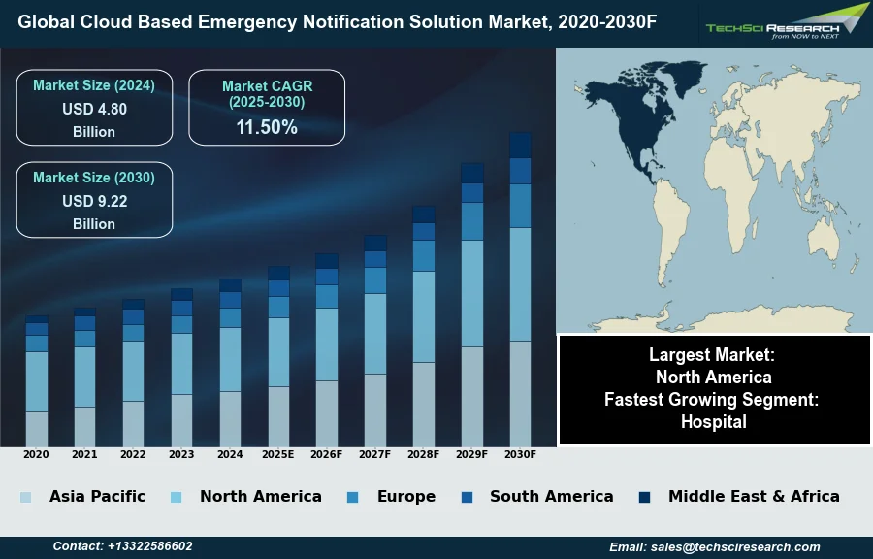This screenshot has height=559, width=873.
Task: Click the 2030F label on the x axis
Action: click(521, 454)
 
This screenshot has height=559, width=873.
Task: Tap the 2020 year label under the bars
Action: click(36, 454)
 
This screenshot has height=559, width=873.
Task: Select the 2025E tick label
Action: click(278, 454)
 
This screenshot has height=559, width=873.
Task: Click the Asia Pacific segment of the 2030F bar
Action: click(521, 393)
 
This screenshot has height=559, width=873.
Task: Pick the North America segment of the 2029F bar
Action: click(472, 293)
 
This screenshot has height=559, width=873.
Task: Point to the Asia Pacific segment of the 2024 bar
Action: click(230, 418)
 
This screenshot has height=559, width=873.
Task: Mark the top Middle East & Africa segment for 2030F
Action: click(521, 145)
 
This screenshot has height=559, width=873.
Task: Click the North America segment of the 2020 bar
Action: click(37, 381)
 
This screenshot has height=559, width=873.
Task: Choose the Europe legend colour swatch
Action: click(352, 497)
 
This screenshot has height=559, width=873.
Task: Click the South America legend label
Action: click(551, 496)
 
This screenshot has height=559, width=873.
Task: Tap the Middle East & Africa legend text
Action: click(754, 496)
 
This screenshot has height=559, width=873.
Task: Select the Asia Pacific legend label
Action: click(97, 496)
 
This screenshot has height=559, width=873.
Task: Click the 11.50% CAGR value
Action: click(267, 127)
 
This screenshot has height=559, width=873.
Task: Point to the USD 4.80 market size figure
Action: click(94, 110)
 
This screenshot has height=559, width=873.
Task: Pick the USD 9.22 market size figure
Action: click(94, 202)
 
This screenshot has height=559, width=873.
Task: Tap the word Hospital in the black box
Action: click(713, 422)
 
